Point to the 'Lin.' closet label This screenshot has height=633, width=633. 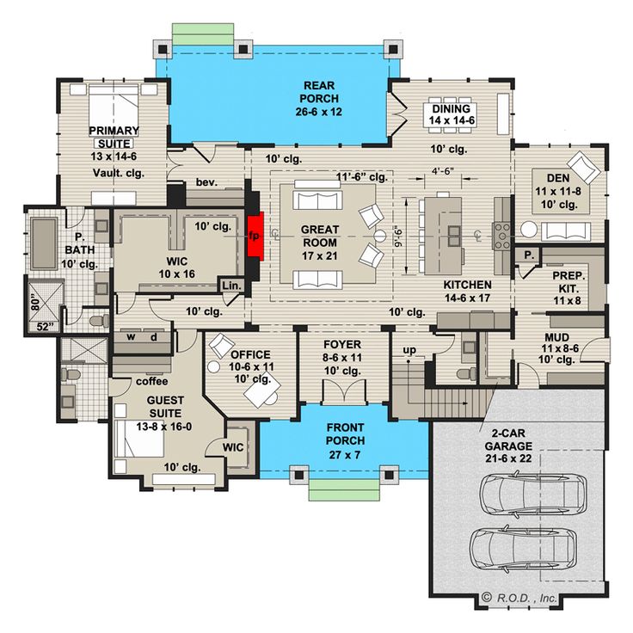pos(230,285)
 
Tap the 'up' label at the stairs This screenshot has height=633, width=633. pos(410,349)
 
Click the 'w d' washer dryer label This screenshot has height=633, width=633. pos(144,337)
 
